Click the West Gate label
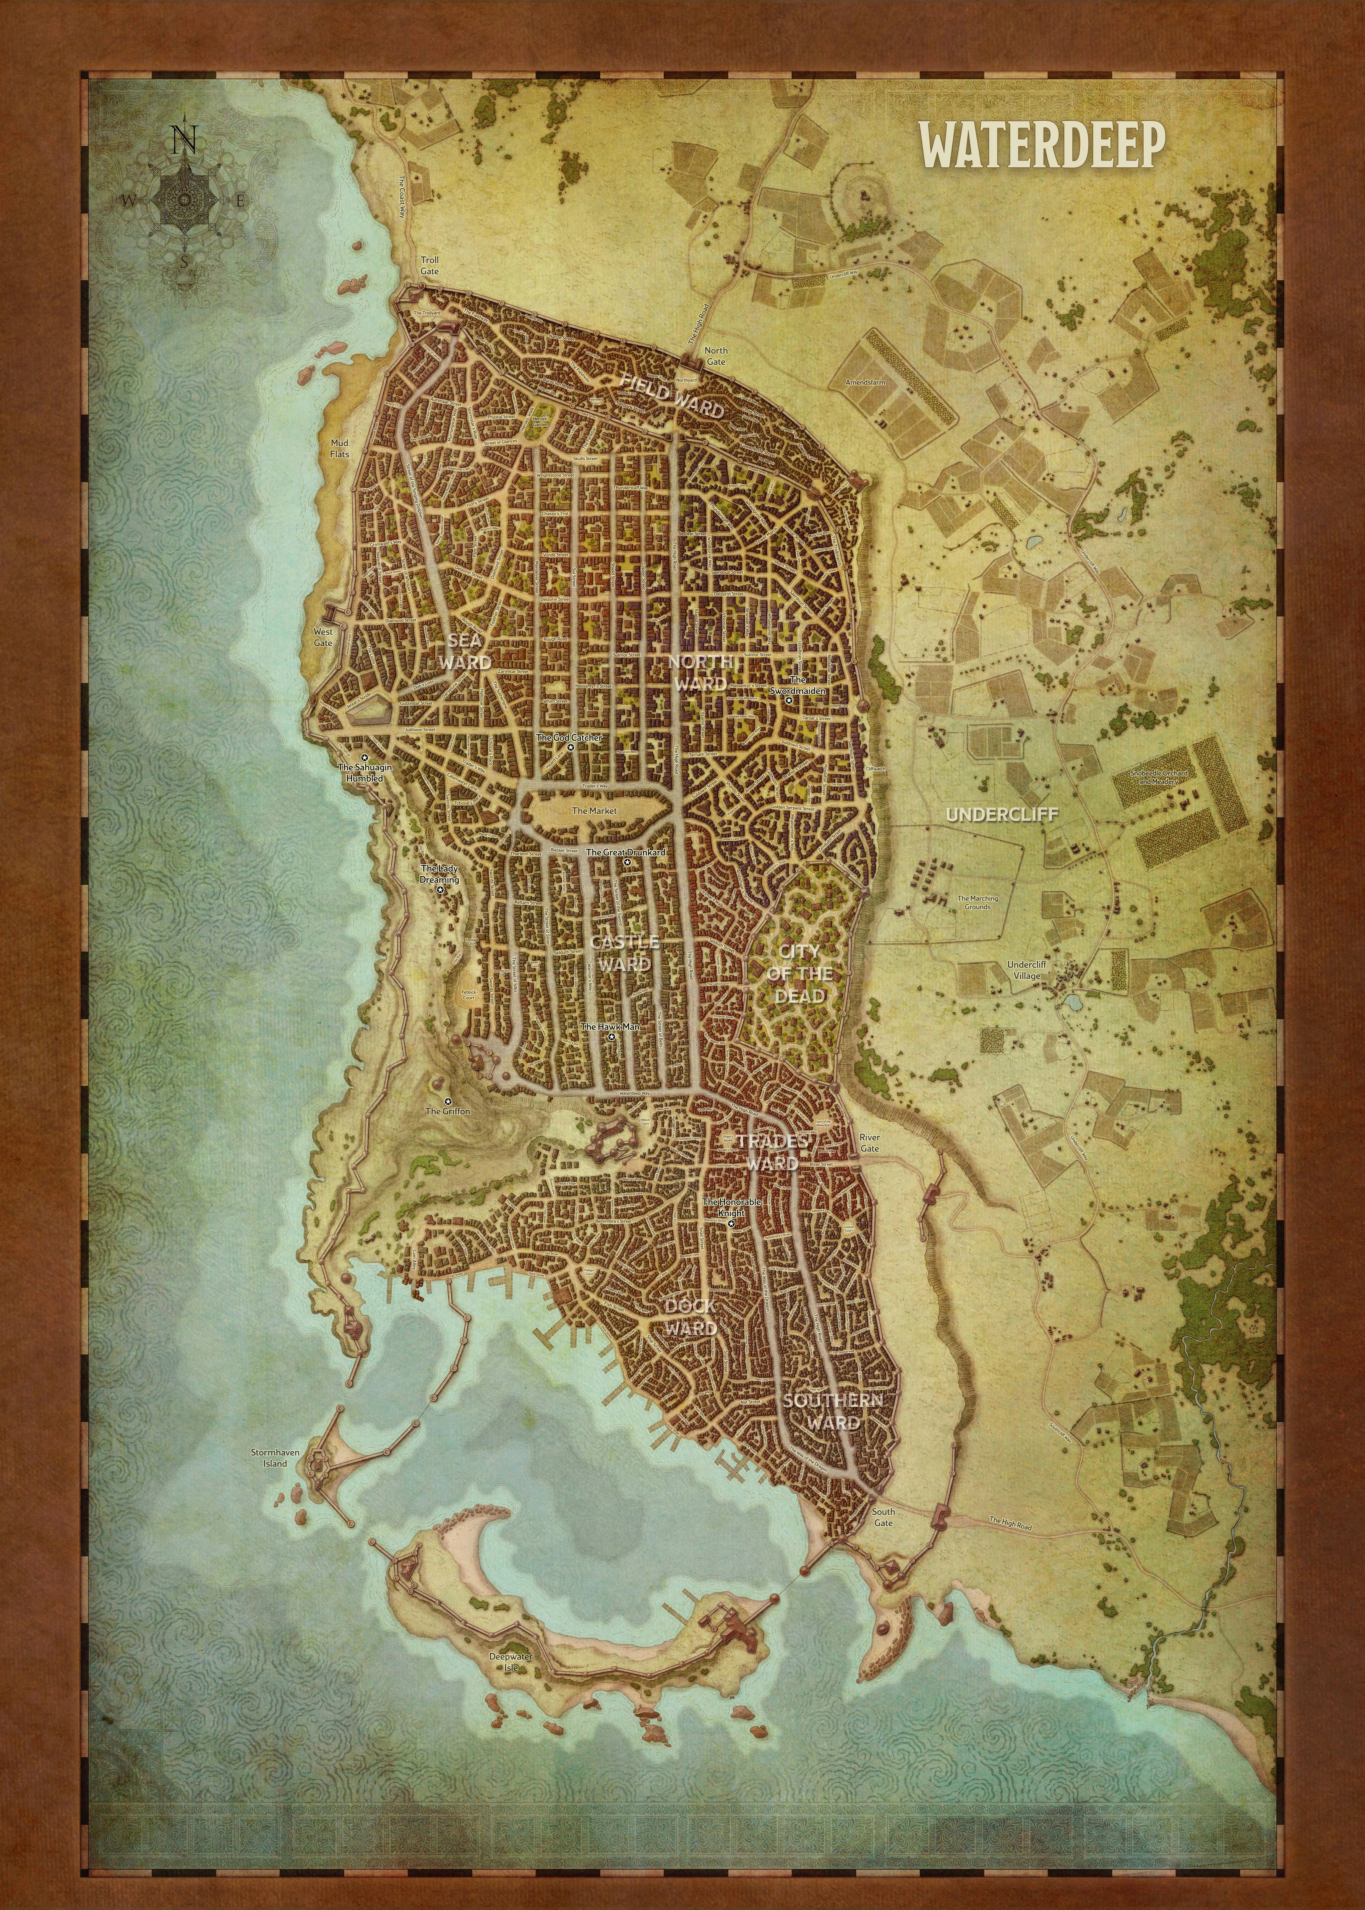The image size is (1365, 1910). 323,637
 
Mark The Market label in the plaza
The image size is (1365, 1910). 594,811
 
